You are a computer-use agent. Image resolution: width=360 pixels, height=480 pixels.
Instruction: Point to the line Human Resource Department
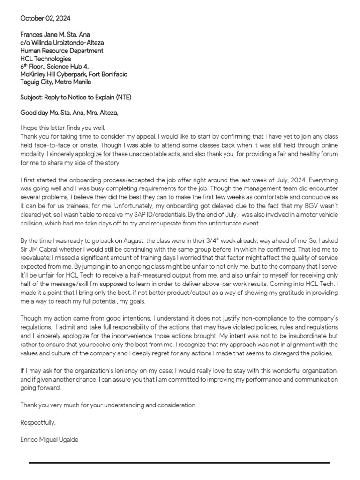(x=62, y=51)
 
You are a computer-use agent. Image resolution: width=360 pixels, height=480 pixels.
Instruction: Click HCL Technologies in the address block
(x=46, y=59)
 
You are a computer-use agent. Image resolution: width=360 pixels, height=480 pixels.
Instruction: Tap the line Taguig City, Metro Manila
(x=56, y=82)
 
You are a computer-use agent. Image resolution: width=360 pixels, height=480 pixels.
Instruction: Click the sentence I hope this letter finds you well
(x=63, y=128)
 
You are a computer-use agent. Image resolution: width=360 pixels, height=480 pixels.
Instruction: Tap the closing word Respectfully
(x=38, y=422)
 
